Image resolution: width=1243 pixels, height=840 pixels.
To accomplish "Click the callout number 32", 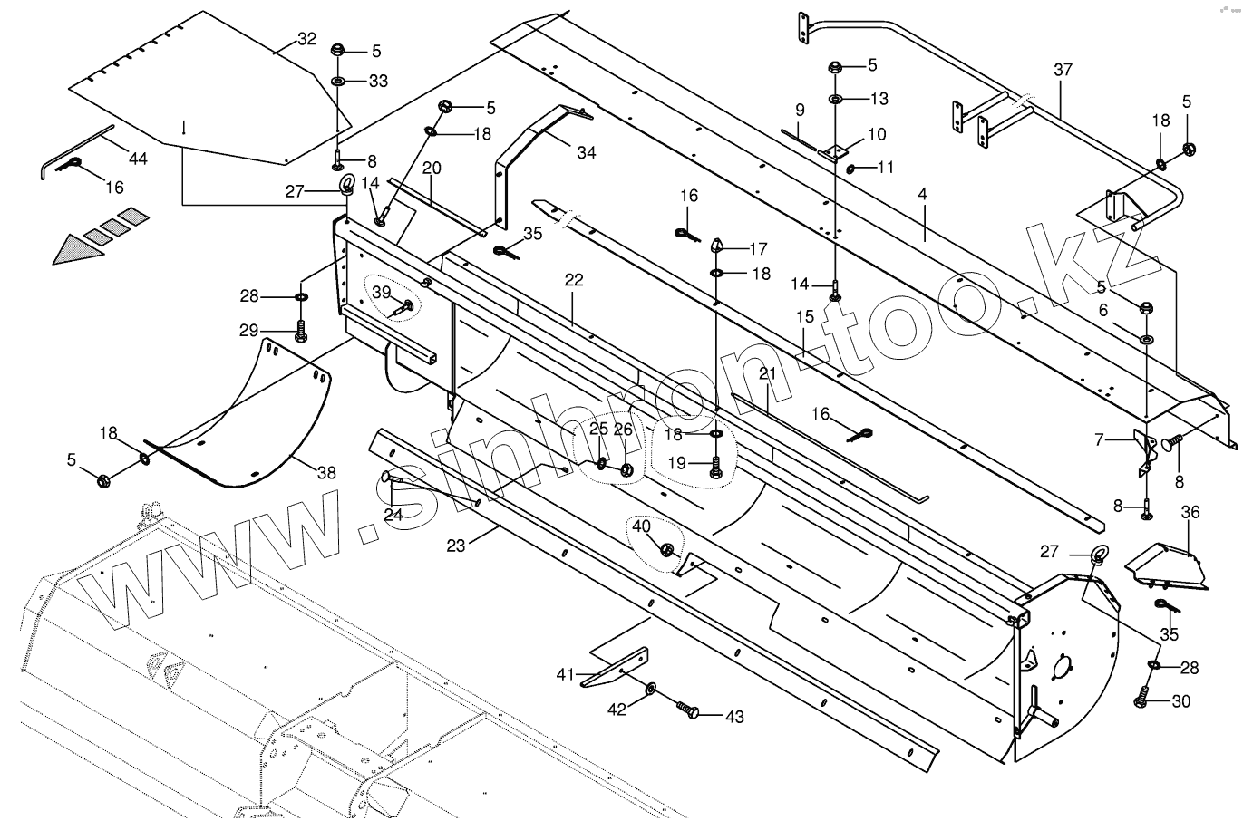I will [x=306, y=39].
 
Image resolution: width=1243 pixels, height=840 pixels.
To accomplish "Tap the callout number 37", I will [x=1063, y=70].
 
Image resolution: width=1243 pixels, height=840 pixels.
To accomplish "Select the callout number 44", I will [x=137, y=159].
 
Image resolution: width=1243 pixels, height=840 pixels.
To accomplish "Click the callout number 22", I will [x=573, y=280].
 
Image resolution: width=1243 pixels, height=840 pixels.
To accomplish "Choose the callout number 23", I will [x=456, y=546].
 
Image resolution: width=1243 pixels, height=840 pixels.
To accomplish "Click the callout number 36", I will [x=1190, y=513].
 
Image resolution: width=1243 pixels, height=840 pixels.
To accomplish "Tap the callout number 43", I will [x=733, y=717].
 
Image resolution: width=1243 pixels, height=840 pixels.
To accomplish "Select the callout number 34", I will [x=586, y=152].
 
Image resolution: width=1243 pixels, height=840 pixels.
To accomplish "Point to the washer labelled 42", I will [x=652, y=690].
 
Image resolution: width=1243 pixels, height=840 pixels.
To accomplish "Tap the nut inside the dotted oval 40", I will [x=667, y=549].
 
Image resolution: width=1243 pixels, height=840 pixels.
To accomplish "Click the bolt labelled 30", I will [x=1142, y=700].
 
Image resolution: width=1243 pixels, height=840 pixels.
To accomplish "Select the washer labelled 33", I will [x=337, y=82].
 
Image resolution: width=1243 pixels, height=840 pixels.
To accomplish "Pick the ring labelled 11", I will [x=852, y=169].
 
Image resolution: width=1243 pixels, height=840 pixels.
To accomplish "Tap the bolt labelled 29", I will [x=300, y=333].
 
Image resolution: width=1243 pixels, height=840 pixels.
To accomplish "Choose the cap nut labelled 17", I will [x=717, y=246].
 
